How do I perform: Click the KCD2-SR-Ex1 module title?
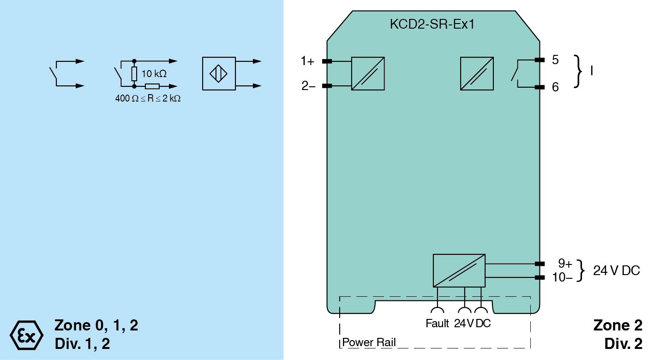coord(432,24)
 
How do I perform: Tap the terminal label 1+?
coord(307,61)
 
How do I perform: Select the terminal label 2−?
coord(308,86)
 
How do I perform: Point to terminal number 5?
coord(555,60)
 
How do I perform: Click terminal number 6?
coord(555,87)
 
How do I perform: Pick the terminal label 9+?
coord(565,264)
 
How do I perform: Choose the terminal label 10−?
coord(562,277)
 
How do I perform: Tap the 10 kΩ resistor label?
coord(154,73)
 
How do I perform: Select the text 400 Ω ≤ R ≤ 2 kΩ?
coord(148,98)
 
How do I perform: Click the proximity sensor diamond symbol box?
coord(219,73)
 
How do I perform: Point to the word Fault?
coord(437,324)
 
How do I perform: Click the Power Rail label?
coord(369,343)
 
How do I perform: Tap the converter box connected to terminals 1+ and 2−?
coord(368,73)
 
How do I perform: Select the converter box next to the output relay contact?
coord(477,73)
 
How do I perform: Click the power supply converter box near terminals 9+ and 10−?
coord(459,270)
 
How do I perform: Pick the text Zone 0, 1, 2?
coord(96,325)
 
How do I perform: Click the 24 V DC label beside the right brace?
coord(617,271)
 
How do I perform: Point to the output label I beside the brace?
coord(592,72)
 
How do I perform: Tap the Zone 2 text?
coord(618,325)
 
